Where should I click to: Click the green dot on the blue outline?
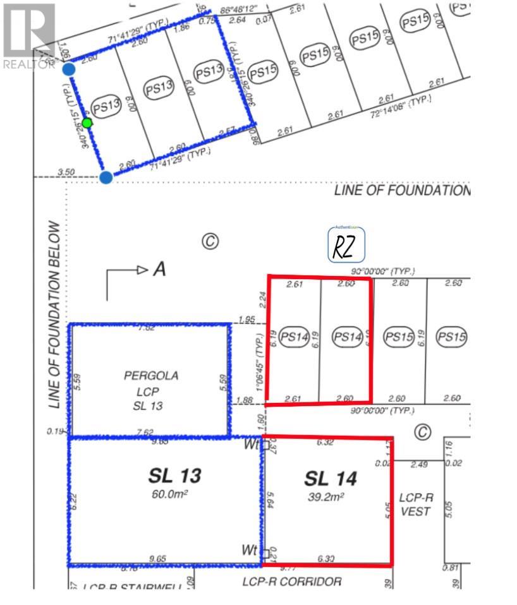pos(87,123)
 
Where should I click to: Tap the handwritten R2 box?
pos(347,247)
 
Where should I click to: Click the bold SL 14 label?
pos(331,479)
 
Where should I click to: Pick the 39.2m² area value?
pos(324,497)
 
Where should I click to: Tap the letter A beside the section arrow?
pos(159,270)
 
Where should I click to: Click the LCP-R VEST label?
pos(415,504)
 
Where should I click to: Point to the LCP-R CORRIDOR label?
pos(292,581)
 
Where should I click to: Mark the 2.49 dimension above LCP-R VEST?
pos(419,465)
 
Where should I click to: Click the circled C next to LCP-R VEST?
pos(422,432)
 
